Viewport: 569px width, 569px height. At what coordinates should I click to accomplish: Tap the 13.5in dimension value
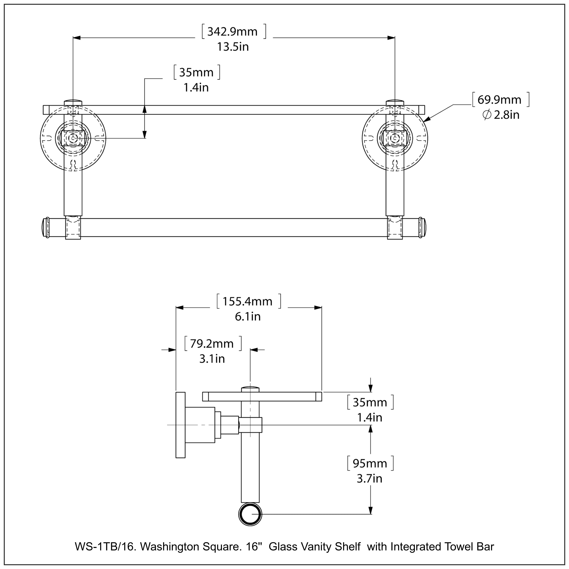233,47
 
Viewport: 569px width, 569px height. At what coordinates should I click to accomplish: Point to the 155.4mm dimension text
247,302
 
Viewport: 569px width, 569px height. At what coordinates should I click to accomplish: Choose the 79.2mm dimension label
211,344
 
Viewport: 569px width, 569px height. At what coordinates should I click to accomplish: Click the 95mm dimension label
370,463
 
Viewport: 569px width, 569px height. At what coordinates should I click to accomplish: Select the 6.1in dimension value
247,317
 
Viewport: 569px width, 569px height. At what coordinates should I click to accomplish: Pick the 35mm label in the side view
370,402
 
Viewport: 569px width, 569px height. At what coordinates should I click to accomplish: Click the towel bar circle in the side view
250,515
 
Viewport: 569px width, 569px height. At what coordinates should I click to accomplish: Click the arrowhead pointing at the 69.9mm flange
427,119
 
